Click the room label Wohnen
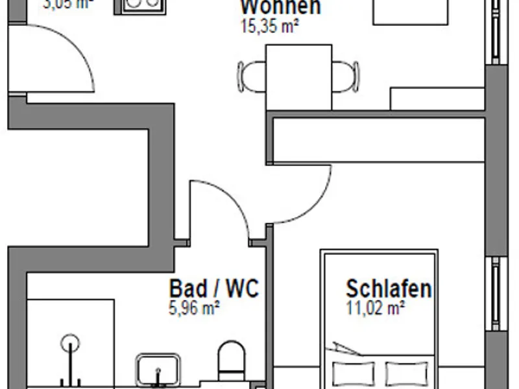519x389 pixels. pos(280,7)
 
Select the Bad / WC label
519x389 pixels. pos(213,289)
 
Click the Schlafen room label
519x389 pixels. pos(389,289)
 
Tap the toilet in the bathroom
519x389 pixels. pos(230,363)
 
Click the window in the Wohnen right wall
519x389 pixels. pos(497,32)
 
